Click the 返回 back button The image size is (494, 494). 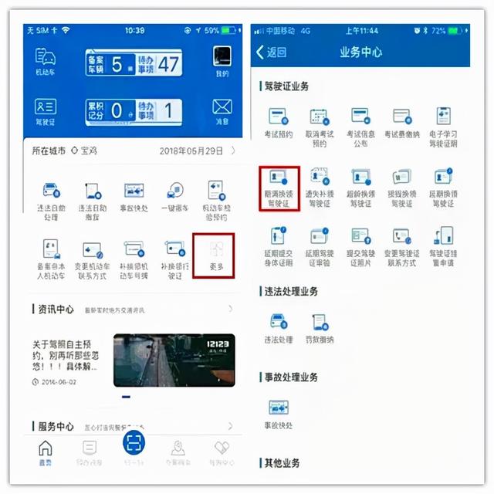[x=271, y=52]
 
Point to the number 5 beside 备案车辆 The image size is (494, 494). [x=117, y=64]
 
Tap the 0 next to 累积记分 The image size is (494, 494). [x=117, y=110]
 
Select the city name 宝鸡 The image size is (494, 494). [x=89, y=151]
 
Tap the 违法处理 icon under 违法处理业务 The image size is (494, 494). [x=277, y=327]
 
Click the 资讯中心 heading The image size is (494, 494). [x=56, y=310]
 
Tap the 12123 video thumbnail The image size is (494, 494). [x=174, y=360]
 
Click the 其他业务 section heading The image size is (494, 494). [x=283, y=463]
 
